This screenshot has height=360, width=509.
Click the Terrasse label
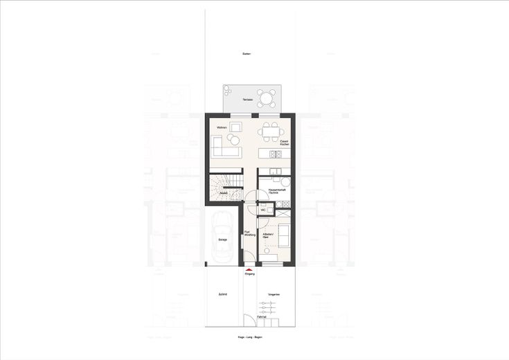(x=247, y=100)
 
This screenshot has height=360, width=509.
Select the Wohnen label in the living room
(x=222, y=127)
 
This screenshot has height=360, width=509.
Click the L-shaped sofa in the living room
(x=223, y=146)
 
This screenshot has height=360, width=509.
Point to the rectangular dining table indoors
(x=270, y=130)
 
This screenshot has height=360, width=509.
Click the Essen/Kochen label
(x=283, y=142)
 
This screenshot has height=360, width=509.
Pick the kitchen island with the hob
(x=273, y=152)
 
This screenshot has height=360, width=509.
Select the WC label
(x=263, y=208)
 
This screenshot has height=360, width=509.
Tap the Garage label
(x=223, y=240)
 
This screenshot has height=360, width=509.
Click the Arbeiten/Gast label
(x=266, y=235)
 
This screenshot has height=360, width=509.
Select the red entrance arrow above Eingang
(x=250, y=270)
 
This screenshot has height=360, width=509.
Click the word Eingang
(x=250, y=275)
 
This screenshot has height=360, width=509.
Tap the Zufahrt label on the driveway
(x=223, y=294)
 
